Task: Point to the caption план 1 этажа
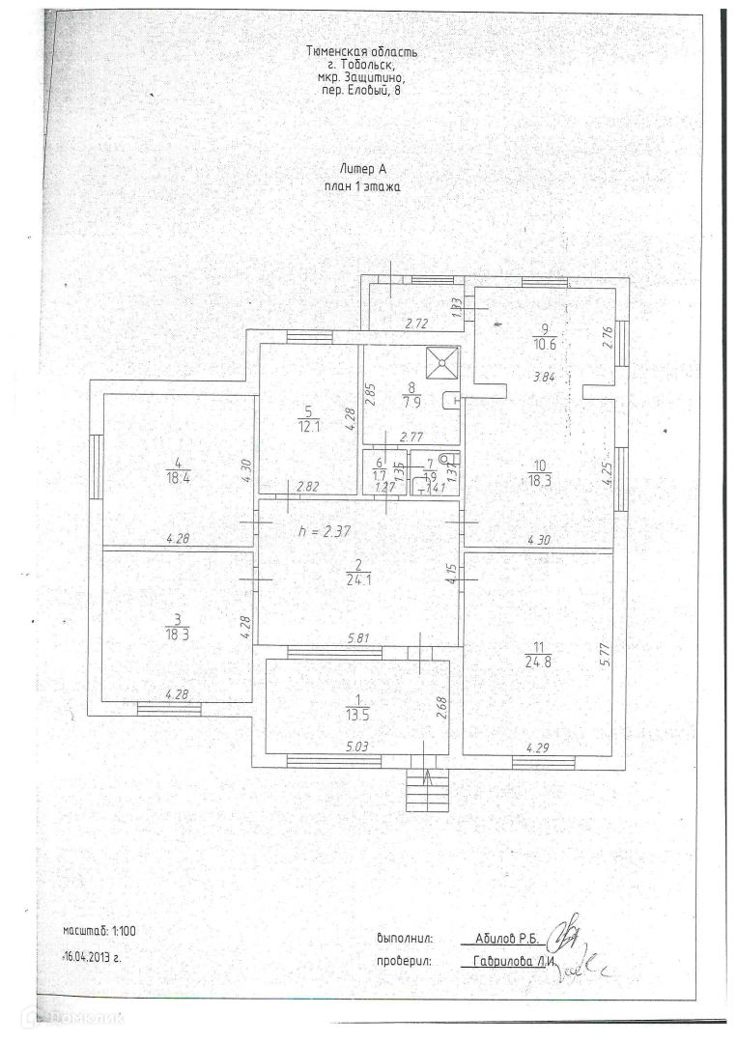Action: point(362,187)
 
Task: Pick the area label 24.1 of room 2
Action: point(357,581)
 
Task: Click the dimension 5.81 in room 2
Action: point(357,638)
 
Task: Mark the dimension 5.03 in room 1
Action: point(357,746)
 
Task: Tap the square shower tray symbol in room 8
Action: point(443,362)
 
